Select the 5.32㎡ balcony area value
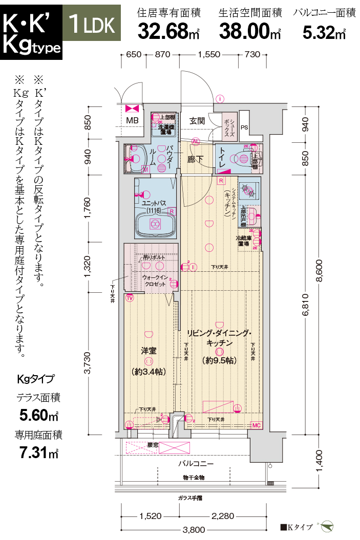pos(324,32)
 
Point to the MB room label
pos(132,121)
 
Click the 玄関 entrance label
pos(197,121)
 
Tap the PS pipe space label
pos(244,127)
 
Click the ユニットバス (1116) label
pos(153,207)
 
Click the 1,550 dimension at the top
pos(208,54)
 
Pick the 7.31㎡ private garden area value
pos(38,452)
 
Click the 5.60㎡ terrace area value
pos(39,414)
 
